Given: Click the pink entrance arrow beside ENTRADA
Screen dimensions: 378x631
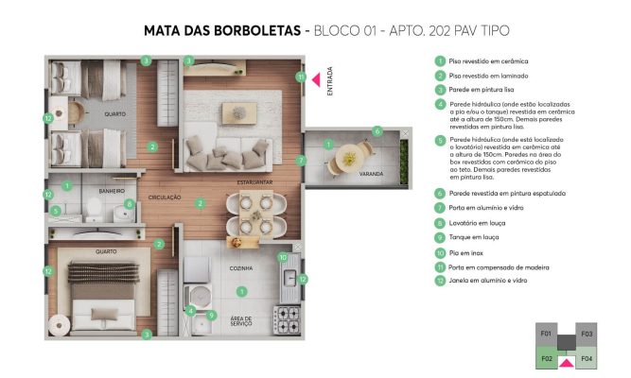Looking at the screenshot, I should pyautogui.click(x=316, y=79).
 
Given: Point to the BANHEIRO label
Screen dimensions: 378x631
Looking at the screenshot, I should pyautogui.click(x=111, y=190).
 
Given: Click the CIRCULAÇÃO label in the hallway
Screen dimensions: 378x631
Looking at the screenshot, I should pyautogui.click(x=165, y=198).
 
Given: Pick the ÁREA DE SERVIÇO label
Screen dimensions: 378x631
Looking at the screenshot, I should pyautogui.click(x=242, y=321).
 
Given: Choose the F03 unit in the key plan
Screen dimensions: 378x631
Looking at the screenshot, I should pyautogui.click(x=587, y=334).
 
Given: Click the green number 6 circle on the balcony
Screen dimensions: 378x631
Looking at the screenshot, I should pyautogui.click(x=377, y=131).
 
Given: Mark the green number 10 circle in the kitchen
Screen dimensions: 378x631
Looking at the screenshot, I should pyautogui.click(x=282, y=257).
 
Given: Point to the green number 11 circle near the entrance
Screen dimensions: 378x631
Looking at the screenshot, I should pyautogui.click(x=301, y=77).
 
